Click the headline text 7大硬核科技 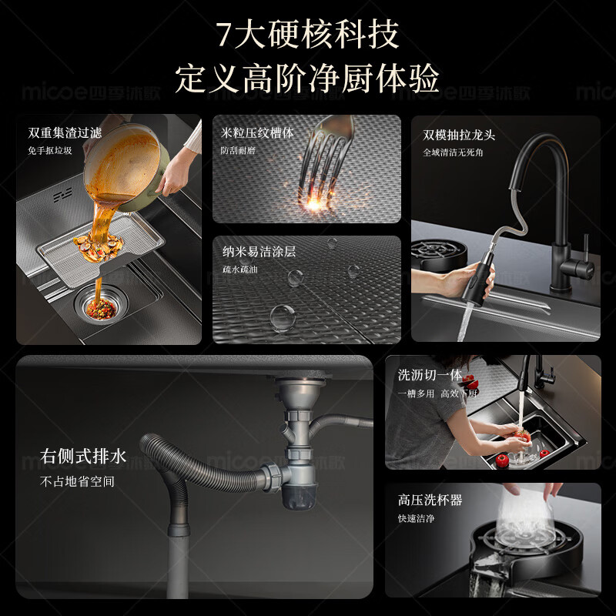pos(307,35)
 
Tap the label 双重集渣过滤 pos(65,132)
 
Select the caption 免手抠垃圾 pos(50,150)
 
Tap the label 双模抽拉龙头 pos(459,135)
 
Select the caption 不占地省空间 pos(77,481)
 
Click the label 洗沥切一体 pos(430,375)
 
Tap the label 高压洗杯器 pos(430,500)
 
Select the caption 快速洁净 pos(416,518)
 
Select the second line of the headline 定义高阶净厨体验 pos(307,78)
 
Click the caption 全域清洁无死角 pos(453,152)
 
